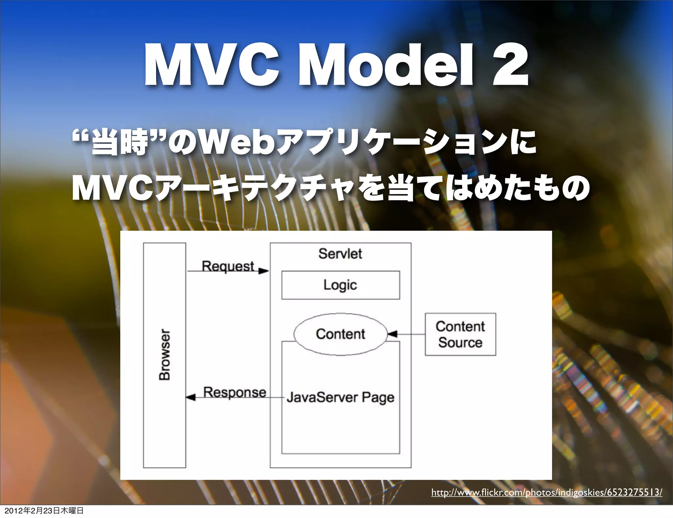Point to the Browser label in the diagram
[165, 355]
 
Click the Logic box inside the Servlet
[340, 285]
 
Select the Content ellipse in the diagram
[340, 334]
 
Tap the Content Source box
[460, 334]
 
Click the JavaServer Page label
[340, 397]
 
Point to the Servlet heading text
[340, 254]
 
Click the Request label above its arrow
[228, 266]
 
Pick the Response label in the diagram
[235, 392]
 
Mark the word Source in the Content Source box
[460, 342]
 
